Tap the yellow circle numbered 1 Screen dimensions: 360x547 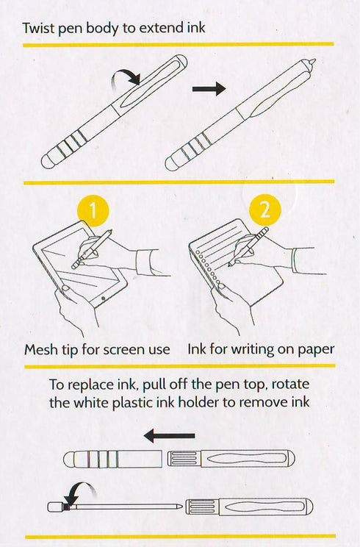click(93, 210)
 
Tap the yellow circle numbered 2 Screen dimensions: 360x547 click(265, 210)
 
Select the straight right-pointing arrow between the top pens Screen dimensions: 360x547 click(209, 89)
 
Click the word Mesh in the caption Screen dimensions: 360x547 click(39, 349)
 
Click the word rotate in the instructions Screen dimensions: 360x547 click(290, 384)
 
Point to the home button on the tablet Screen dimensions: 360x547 click(103, 298)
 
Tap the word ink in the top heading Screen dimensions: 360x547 click(196, 27)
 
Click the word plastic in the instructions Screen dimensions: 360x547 click(133, 403)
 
